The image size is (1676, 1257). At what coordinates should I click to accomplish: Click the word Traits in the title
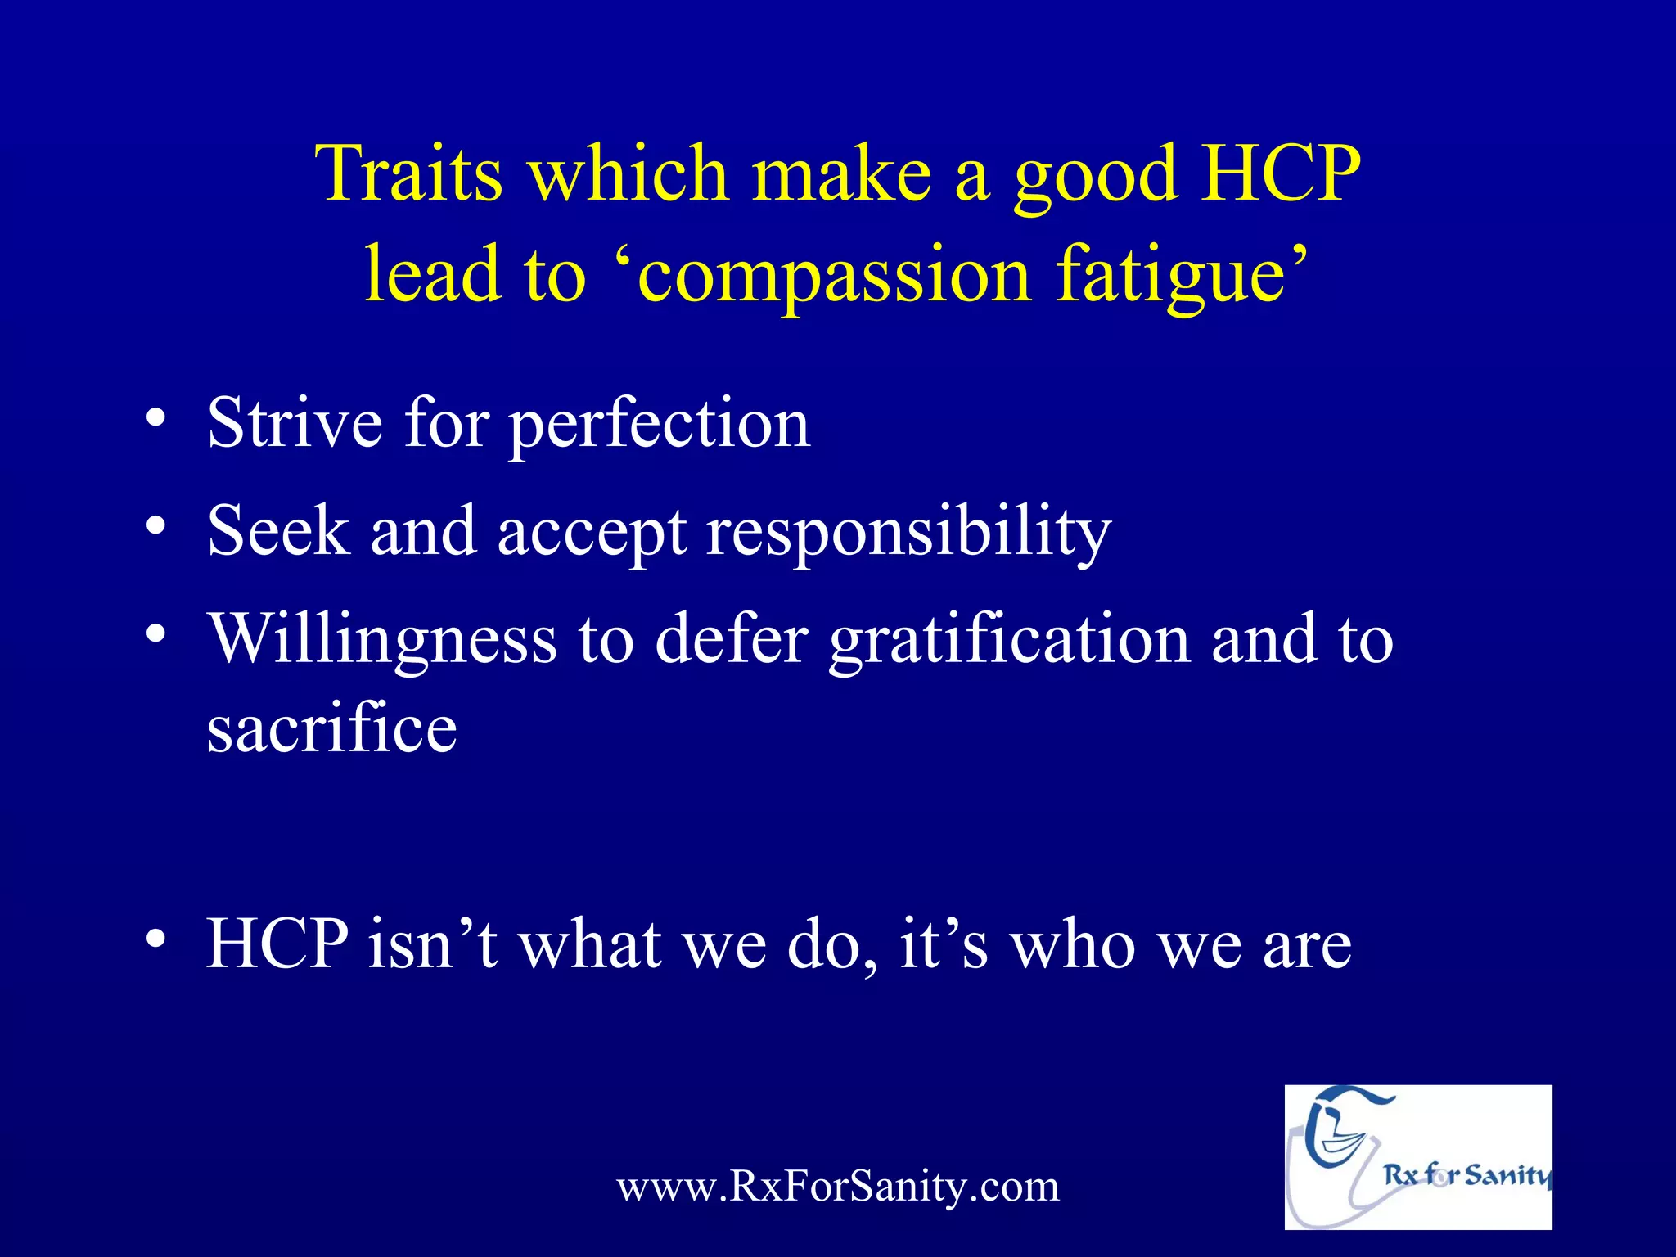[x=409, y=173]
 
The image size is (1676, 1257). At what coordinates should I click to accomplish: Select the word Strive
[x=295, y=423]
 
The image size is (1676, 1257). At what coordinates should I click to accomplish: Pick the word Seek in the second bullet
[x=278, y=531]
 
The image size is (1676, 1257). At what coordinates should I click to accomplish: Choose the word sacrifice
[x=331, y=728]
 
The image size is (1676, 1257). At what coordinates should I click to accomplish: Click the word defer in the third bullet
[x=732, y=639]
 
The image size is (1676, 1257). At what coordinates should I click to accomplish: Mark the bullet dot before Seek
[x=155, y=526]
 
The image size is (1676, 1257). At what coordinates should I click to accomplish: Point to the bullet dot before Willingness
[x=155, y=634]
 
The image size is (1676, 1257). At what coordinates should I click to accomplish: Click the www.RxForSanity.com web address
[x=838, y=1186]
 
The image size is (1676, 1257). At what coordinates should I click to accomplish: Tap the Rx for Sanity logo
[x=1417, y=1156]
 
